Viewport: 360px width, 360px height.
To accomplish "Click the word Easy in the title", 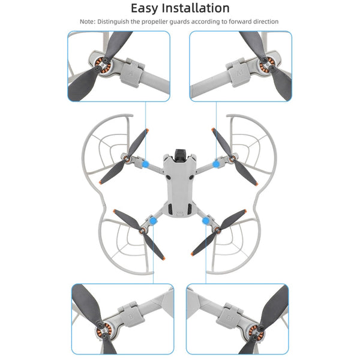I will pyautogui.click(x=148, y=8).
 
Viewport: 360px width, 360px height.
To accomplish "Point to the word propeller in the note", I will pyautogui.click(x=158, y=22).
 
